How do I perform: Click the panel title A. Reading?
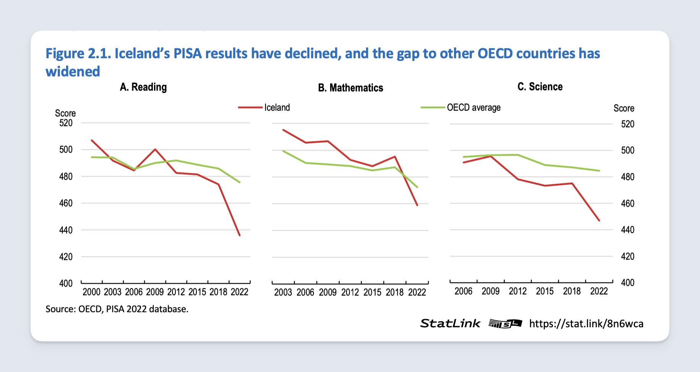[143, 87]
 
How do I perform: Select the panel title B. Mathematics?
[350, 88]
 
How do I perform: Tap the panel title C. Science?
[540, 87]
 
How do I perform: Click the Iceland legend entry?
[277, 108]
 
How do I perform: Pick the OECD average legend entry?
[473, 108]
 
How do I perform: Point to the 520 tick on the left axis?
[66, 123]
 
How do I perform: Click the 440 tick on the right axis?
[627, 230]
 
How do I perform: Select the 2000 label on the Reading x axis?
[91, 292]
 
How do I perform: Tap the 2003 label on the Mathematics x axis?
[283, 292]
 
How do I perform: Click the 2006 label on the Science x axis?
[463, 291]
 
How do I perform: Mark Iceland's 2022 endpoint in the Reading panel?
[240, 235]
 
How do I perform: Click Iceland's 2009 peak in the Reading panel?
[155, 149]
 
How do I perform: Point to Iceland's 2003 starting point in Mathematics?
[283, 130]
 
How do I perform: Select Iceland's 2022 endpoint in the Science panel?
[599, 220]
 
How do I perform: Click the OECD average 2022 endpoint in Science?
[599, 171]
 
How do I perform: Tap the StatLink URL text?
[586, 324]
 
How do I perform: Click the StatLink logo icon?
[505, 324]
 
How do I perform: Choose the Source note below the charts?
[117, 309]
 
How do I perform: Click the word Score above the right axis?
[624, 108]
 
